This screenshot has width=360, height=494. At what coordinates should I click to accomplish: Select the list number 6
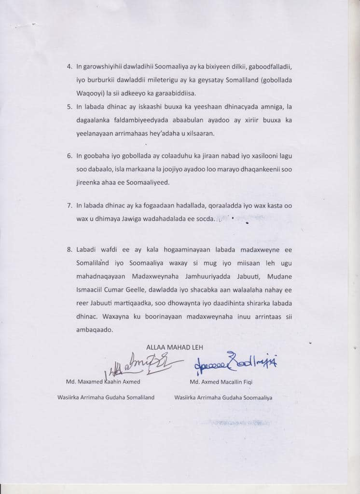click(x=69, y=156)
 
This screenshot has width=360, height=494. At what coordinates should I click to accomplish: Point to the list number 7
click(x=69, y=206)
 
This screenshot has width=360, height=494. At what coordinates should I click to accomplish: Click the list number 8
click(x=69, y=249)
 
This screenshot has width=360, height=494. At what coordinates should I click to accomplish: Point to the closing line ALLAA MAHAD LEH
click(x=174, y=347)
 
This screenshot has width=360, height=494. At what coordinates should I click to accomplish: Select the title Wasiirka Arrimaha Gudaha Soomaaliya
click(x=223, y=398)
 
